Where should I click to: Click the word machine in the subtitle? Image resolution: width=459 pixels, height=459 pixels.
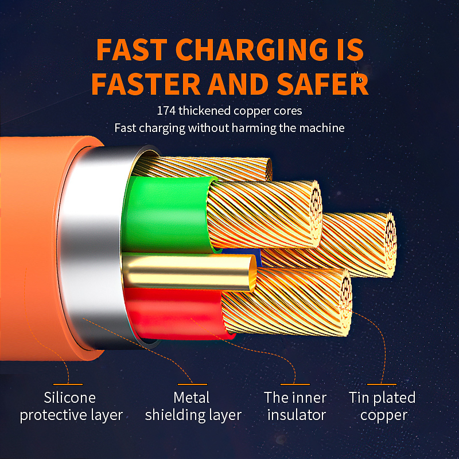click(323, 127)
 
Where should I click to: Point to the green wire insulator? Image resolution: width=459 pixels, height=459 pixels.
click(166, 212)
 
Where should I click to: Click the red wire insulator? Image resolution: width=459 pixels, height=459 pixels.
click(172, 313)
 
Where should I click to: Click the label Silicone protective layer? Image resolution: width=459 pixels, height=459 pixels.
click(71, 406)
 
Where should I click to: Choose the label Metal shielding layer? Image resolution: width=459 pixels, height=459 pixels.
click(193, 406)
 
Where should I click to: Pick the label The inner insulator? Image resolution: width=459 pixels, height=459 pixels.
click(295, 406)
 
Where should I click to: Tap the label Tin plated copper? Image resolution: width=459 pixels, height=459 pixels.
click(382, 406)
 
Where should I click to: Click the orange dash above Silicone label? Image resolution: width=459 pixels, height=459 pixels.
click(68, 384)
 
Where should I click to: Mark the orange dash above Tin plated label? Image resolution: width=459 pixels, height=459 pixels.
click(382, 384)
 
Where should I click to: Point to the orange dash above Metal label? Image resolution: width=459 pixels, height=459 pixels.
click(192, 384)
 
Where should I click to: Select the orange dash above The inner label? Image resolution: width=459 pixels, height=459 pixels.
click(295, 384)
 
